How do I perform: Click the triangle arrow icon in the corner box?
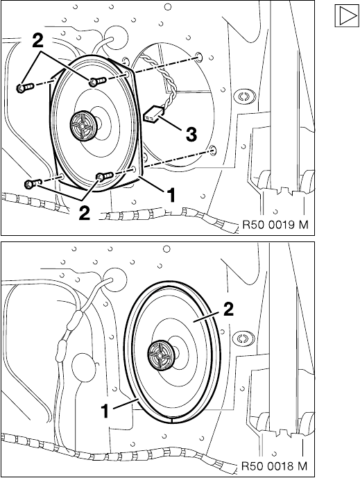[x=347, y=15]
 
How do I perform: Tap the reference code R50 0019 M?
[x=275, y=225]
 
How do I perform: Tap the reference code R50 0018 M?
[x=275, y=466]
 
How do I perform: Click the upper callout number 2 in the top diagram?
[x=37, y=42]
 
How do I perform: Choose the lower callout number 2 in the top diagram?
[x=85, y=213]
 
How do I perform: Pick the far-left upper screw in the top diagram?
[x=24, y=88]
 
